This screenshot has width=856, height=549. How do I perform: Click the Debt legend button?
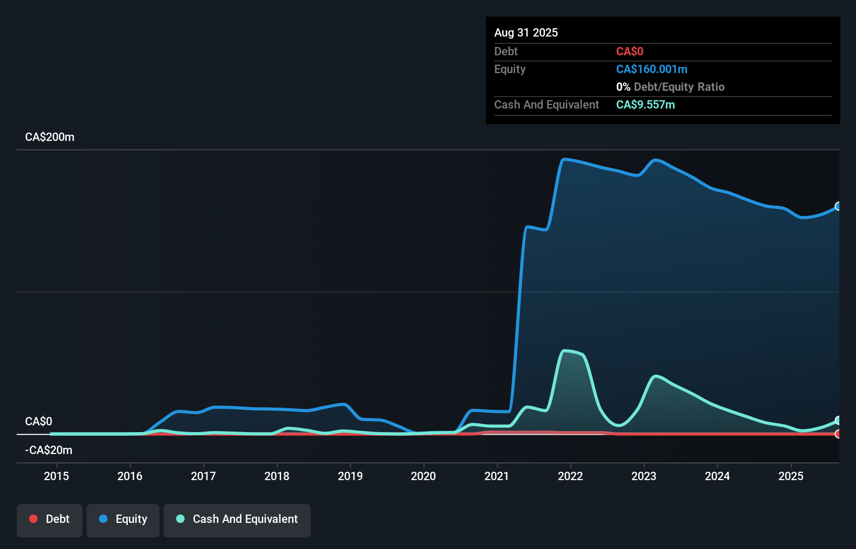(50, 520)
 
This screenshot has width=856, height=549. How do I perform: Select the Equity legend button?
(123, 520)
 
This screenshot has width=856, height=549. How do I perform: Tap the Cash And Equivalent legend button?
(237, 520)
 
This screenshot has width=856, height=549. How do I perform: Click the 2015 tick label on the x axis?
(56, 476)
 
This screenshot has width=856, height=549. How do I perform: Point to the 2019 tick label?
(350, 476)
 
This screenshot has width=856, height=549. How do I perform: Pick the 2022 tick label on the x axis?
(570, 476)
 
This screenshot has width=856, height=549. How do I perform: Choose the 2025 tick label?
(791, 476)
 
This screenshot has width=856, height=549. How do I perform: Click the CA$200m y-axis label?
(50, 137)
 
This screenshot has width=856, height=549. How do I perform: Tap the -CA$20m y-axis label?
(48, 450)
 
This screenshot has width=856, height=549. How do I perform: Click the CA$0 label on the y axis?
(39, 422)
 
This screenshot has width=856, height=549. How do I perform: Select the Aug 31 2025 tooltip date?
(526, 33)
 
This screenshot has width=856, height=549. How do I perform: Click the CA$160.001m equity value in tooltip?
(652, 69)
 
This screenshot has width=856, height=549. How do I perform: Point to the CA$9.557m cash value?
(645, 105)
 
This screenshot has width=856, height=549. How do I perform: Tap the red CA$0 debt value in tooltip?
(630, 52)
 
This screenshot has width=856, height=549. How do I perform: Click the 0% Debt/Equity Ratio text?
(670, 87)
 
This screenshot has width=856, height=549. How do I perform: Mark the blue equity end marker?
(838, 206)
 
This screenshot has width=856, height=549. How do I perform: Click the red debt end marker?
(838, 434)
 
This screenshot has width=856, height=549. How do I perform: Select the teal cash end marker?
(838, 421)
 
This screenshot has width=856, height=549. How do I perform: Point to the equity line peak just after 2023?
(655, 160)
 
